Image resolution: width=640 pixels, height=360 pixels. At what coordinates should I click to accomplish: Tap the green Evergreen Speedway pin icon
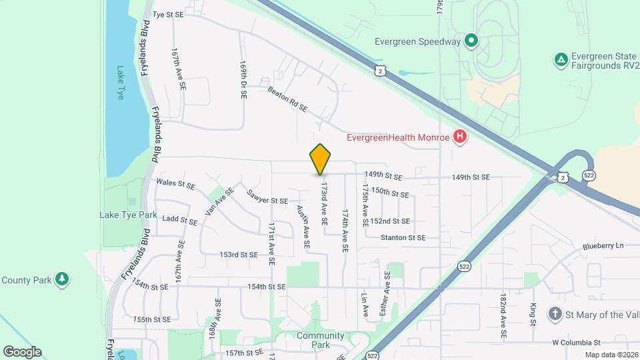(471, 41)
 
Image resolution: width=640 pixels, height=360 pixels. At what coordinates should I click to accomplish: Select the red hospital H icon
(459, 138)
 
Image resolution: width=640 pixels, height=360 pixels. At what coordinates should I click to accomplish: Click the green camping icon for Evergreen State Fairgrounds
(561, 60)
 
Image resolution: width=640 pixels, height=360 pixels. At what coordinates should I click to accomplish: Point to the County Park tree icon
(62, 278)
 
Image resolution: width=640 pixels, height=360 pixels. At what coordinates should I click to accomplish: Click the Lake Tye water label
(121, 82)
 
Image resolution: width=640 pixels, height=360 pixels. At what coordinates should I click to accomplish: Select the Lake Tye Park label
(128, 215)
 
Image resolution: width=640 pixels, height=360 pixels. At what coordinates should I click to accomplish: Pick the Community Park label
(321, 340)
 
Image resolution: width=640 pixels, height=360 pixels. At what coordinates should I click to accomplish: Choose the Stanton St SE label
(403, 237)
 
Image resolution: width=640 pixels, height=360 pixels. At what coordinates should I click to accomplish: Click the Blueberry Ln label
(603, 245)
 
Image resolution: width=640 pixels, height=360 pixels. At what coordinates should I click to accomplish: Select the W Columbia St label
(577, 342)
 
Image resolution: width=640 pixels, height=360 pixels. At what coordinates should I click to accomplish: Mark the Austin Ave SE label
(303, 227)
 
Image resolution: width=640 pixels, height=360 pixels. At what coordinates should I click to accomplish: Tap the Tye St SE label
(167, 13)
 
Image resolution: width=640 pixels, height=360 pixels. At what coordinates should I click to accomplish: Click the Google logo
(22, 352)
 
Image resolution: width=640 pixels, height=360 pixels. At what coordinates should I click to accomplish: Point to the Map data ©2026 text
(611, 355)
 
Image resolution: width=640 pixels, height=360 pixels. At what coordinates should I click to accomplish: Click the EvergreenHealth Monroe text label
(398, 139)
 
